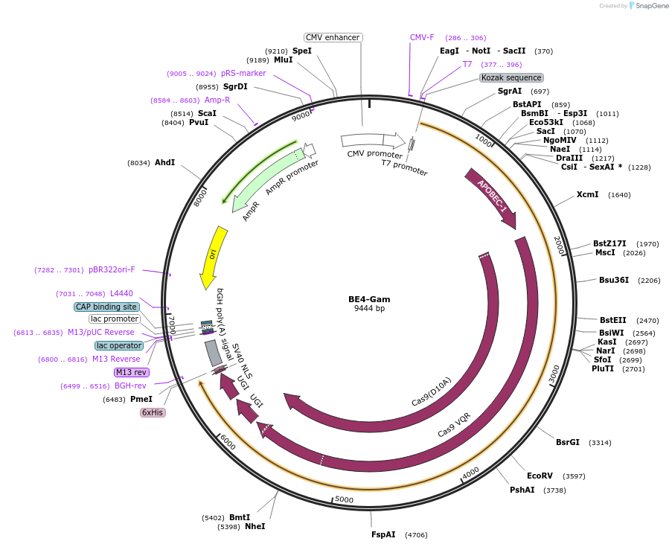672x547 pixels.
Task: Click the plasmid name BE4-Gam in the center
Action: coord(369,298)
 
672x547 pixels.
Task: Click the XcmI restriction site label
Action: coord(587,194)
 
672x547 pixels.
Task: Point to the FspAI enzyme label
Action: coord(383,534)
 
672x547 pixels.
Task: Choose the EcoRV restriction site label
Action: coord(540,476)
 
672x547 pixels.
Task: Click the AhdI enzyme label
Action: coord(164,162)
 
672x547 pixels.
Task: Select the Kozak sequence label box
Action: coord(511,77)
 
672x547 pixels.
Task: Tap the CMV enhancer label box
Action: coord(333,37)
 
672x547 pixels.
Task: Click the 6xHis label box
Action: coord(153,412)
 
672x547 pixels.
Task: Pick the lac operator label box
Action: coord(119,345)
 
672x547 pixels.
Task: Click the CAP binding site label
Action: coord(106,307)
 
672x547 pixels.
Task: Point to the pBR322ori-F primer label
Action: coord(112,269)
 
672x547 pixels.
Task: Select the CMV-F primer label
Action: coord(422,37)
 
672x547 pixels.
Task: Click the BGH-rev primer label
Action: coord(130,386)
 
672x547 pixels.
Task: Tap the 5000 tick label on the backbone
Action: coord(344,499)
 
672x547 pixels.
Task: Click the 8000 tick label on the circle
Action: coord(200,197)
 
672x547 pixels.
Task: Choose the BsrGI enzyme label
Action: coord(567,442)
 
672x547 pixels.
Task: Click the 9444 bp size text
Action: coord(369,308)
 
